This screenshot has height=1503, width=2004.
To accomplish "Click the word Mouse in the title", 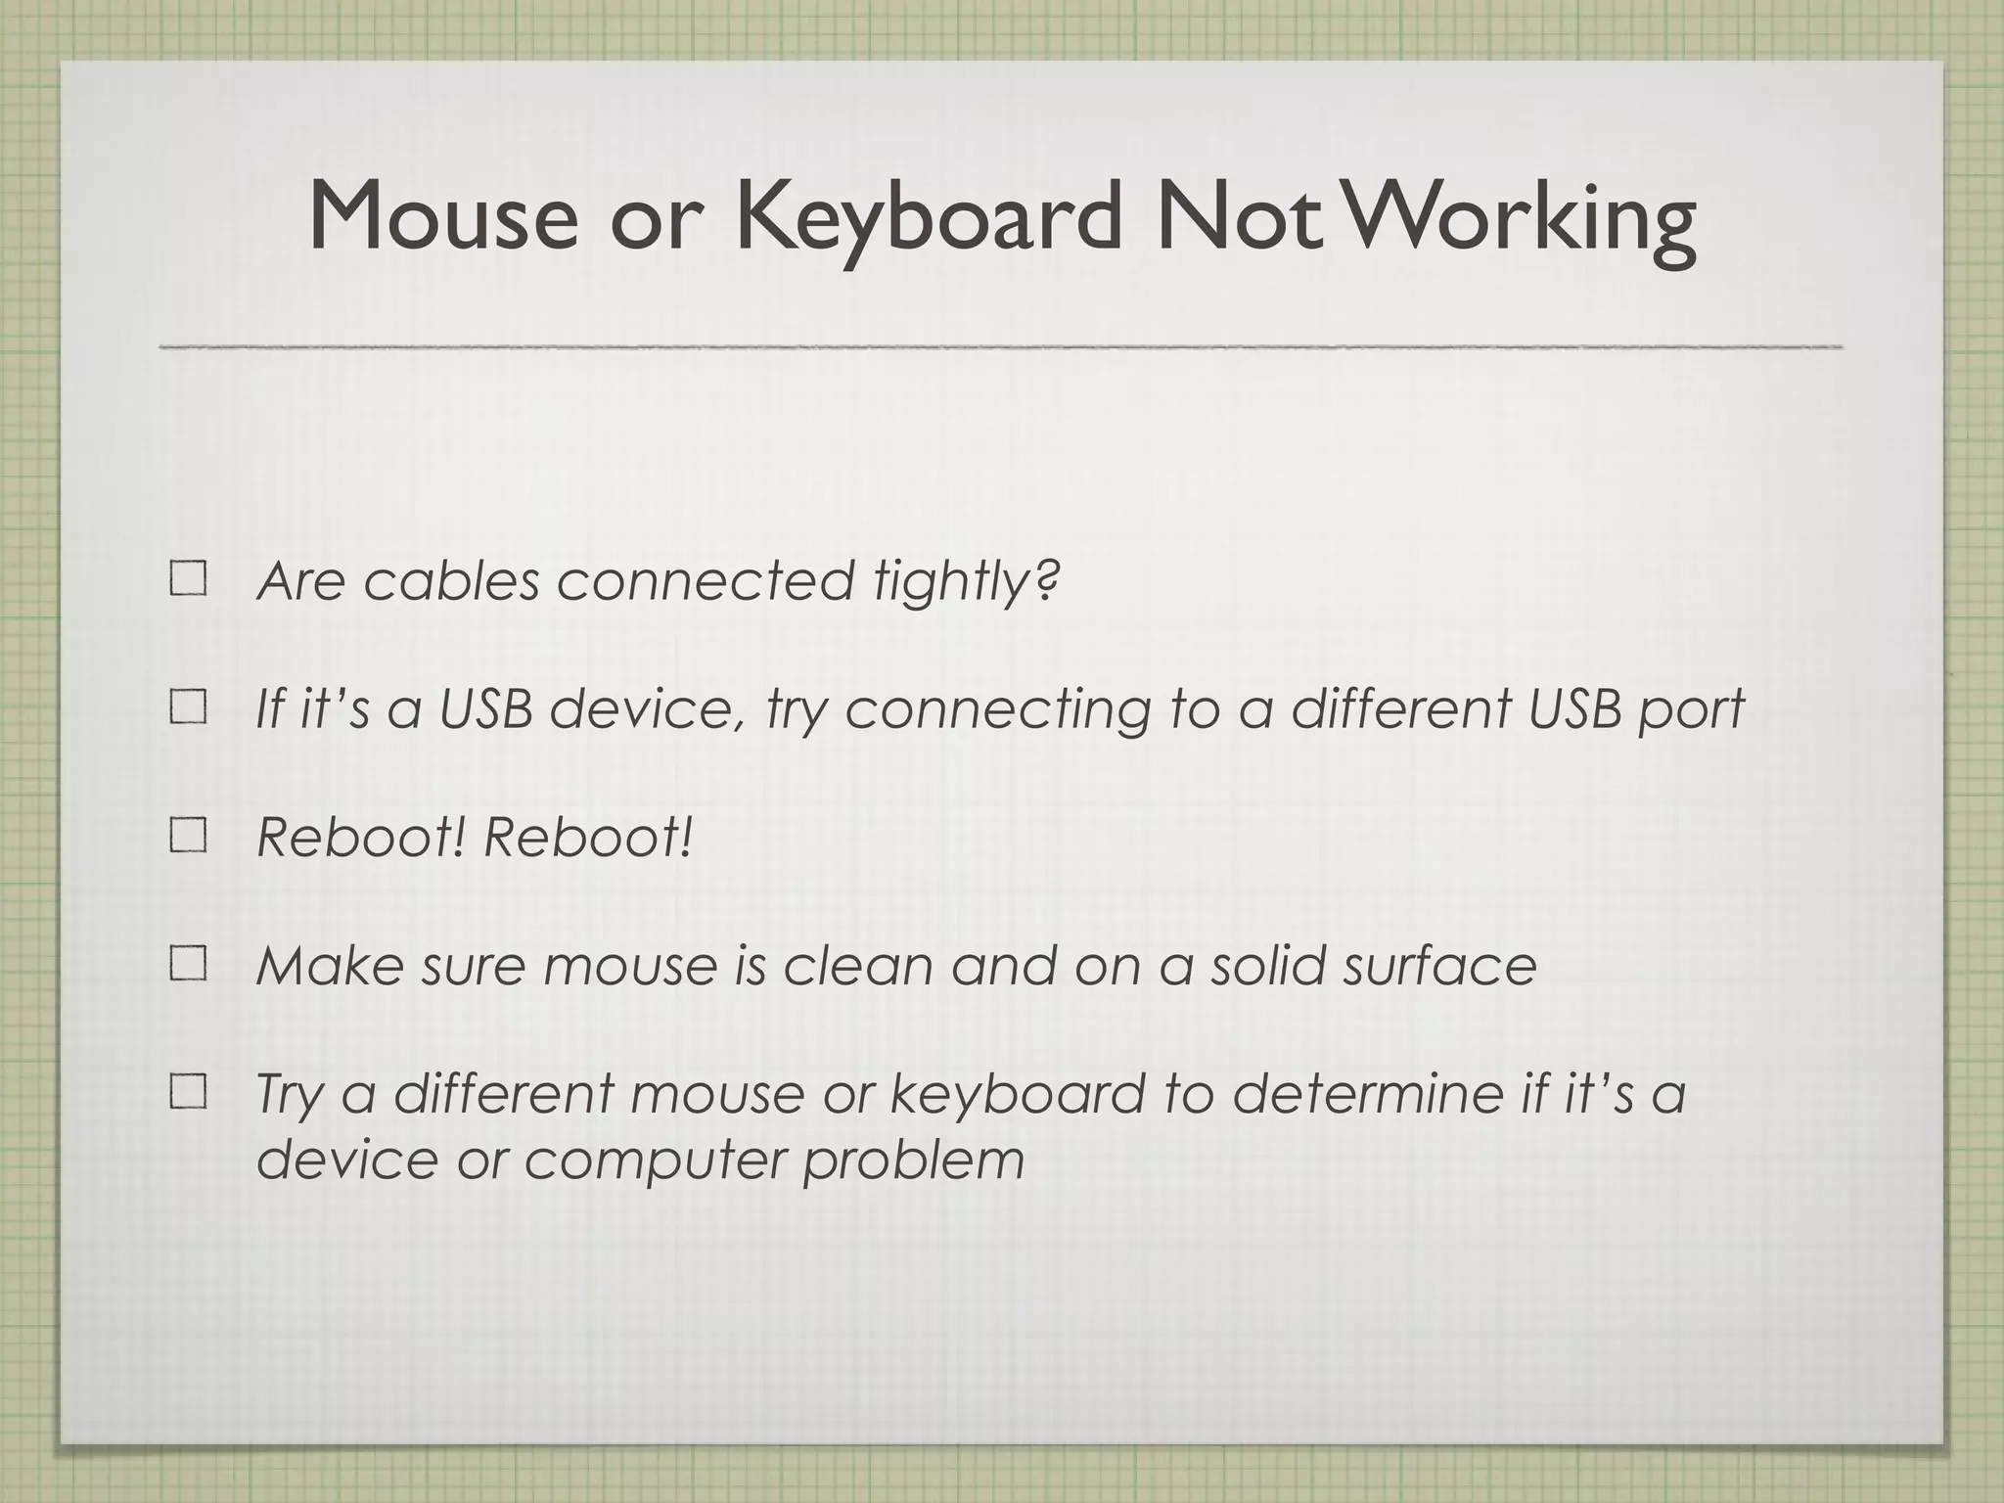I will pos(443,216).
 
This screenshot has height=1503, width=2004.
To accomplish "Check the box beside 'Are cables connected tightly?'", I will pos(188,579).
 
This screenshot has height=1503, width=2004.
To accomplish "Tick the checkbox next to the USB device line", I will pos(188,707).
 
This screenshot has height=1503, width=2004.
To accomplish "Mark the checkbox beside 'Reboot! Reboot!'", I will pos(188,837).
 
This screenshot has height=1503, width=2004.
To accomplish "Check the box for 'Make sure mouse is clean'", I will pos(188,965).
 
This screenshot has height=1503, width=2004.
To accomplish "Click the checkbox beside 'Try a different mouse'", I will pos(188,1092).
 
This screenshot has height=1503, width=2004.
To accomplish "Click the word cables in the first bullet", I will pos(451,580).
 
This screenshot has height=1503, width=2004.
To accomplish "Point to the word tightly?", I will pos(966,582).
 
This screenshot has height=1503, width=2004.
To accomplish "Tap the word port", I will pos(1691,710).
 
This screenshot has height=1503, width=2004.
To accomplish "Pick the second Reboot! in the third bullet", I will pos(588,838).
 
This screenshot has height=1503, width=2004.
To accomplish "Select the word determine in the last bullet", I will pos(1366,1093).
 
